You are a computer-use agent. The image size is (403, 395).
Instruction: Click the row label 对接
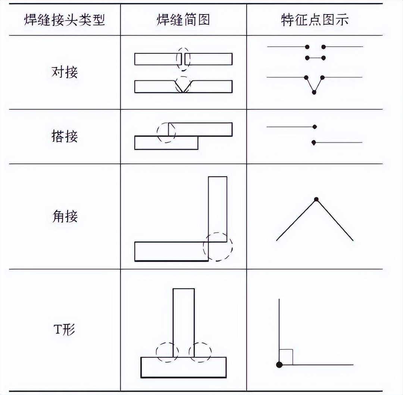click(65, 72)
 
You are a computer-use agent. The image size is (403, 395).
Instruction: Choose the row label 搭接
click(65, 136)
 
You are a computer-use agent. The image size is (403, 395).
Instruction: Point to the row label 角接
click(65, 216)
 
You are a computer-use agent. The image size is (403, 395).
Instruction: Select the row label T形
click(65, 330)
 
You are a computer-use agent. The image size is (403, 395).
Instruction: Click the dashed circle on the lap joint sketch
click(166, 132)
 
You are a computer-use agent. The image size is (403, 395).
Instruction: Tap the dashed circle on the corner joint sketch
click(218, 246)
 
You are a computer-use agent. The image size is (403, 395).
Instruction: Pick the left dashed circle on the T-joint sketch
click(167, 352)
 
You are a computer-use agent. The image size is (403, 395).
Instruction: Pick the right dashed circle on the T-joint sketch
click(200, 352)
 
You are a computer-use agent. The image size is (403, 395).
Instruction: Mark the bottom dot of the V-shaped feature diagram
click(314, 92)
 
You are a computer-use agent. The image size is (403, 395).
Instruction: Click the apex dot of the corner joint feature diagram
click(316, 199)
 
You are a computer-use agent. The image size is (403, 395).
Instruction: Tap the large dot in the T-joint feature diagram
click(279, 364)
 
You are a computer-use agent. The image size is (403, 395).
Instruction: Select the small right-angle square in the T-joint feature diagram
click(286, 357)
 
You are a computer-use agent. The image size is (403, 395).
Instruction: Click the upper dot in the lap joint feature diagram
click(315, 127)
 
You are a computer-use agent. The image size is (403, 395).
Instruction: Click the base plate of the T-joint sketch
click(184, 367)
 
